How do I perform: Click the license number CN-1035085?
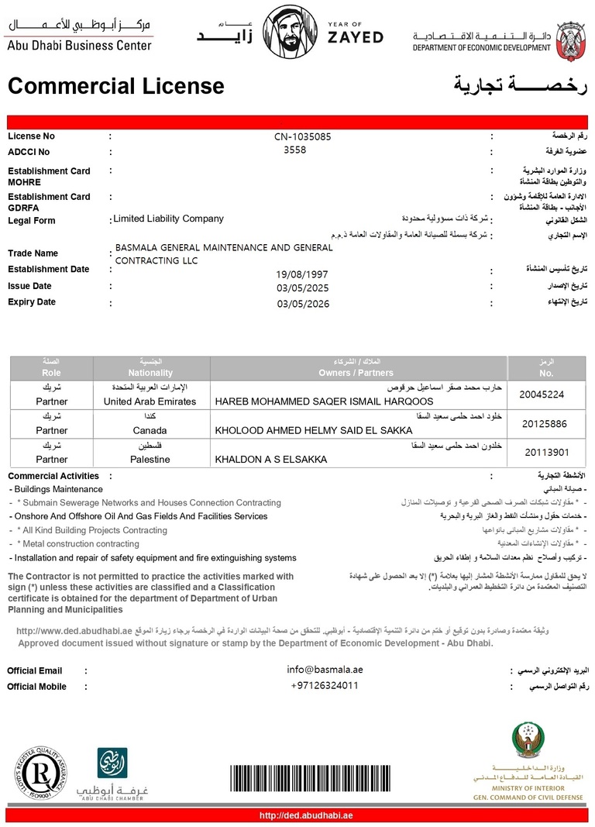click(302, 136)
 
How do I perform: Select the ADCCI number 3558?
click(295, 150)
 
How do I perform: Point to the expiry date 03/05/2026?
click(303, 304)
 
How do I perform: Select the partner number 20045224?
click(542, 395)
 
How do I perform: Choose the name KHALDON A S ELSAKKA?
click(270, 460)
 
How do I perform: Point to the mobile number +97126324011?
click(325, 685)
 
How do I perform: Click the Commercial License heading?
click(115, 86)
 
